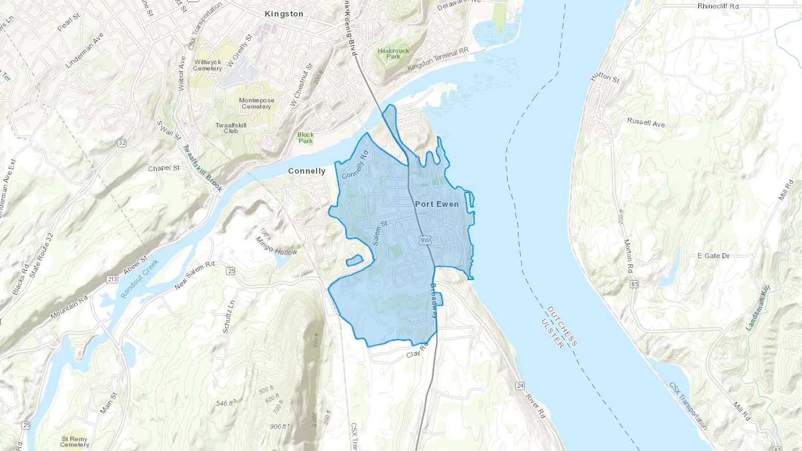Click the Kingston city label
284,14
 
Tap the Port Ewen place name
437,204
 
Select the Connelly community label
307,171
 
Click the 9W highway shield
425,240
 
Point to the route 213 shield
112,279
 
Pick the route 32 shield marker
122,143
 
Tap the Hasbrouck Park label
393,53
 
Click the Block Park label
306,138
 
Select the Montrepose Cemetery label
256,103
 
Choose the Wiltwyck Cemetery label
207,65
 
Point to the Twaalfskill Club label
231,128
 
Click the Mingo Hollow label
276,246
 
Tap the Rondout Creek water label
139,279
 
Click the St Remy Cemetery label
74,442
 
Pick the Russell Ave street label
646,122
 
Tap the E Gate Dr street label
713,256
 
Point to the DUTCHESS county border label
562,326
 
